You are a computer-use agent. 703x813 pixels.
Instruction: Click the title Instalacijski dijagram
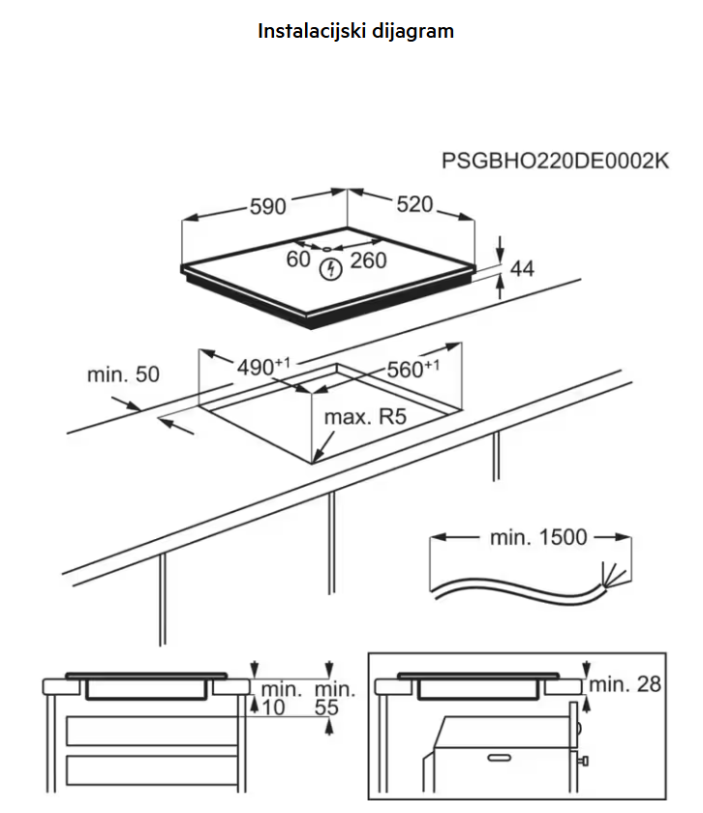355,31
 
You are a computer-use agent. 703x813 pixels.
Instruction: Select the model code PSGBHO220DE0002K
555,161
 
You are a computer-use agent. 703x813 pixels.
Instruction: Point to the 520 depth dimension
413,204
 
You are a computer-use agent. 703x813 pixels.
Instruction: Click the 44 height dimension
522,269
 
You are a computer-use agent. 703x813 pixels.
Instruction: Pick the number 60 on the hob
298,259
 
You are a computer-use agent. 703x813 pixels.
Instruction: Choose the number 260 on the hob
368,259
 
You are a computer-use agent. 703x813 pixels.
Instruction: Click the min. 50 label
123,375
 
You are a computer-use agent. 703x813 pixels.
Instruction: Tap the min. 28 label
626,684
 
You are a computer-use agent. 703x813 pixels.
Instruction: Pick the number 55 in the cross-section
332,708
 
